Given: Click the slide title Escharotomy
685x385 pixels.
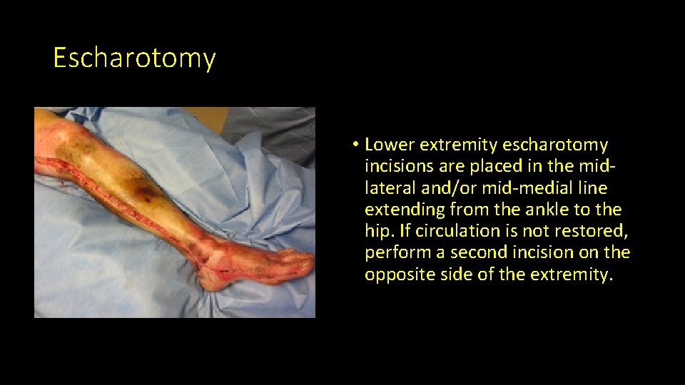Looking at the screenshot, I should tap(134, 58).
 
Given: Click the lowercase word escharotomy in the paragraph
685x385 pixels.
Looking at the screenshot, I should tap(555, 145).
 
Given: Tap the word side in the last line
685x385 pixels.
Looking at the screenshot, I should tap(452, 274).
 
